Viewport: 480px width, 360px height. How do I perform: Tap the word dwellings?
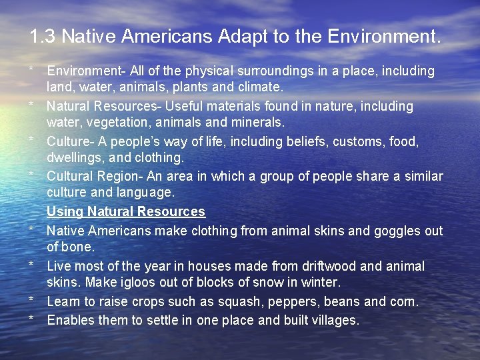click(x=73, y=158)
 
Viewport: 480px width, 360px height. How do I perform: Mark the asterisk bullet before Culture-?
click(x=31, y=141)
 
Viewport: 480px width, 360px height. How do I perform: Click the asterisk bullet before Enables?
click(x=31, y=319)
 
